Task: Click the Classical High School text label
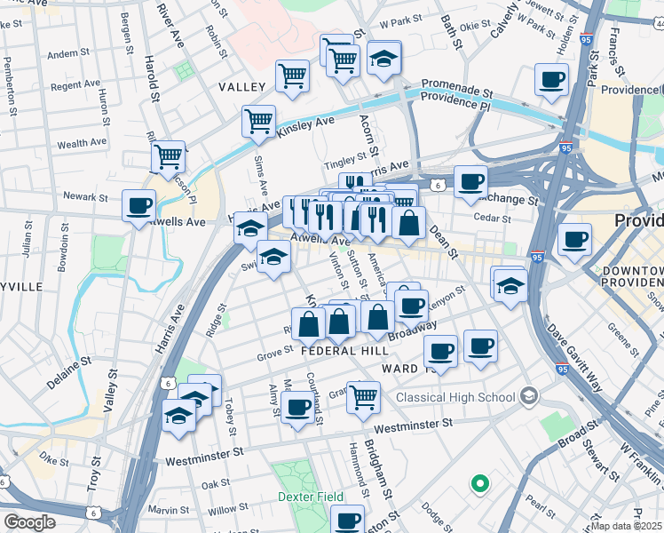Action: pos(455,397)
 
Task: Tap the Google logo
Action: pos(29,522)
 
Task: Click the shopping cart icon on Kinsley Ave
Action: pos(258,120)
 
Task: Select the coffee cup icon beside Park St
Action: pos(551,79)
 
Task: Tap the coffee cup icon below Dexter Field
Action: pos(348,520)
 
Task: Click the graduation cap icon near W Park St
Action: pos(383,59)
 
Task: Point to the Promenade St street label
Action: pos(457,90)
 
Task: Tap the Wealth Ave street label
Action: pos(83,143)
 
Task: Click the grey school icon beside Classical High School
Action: pos(529,394)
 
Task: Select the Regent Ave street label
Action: pos(75,86)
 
